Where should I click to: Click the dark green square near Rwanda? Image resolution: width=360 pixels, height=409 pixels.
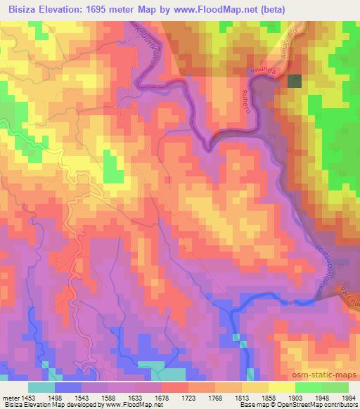click(295, 81)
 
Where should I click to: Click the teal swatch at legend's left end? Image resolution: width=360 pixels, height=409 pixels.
click(41, 387)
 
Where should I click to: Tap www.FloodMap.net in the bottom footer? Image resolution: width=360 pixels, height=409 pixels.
click(129, 405)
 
